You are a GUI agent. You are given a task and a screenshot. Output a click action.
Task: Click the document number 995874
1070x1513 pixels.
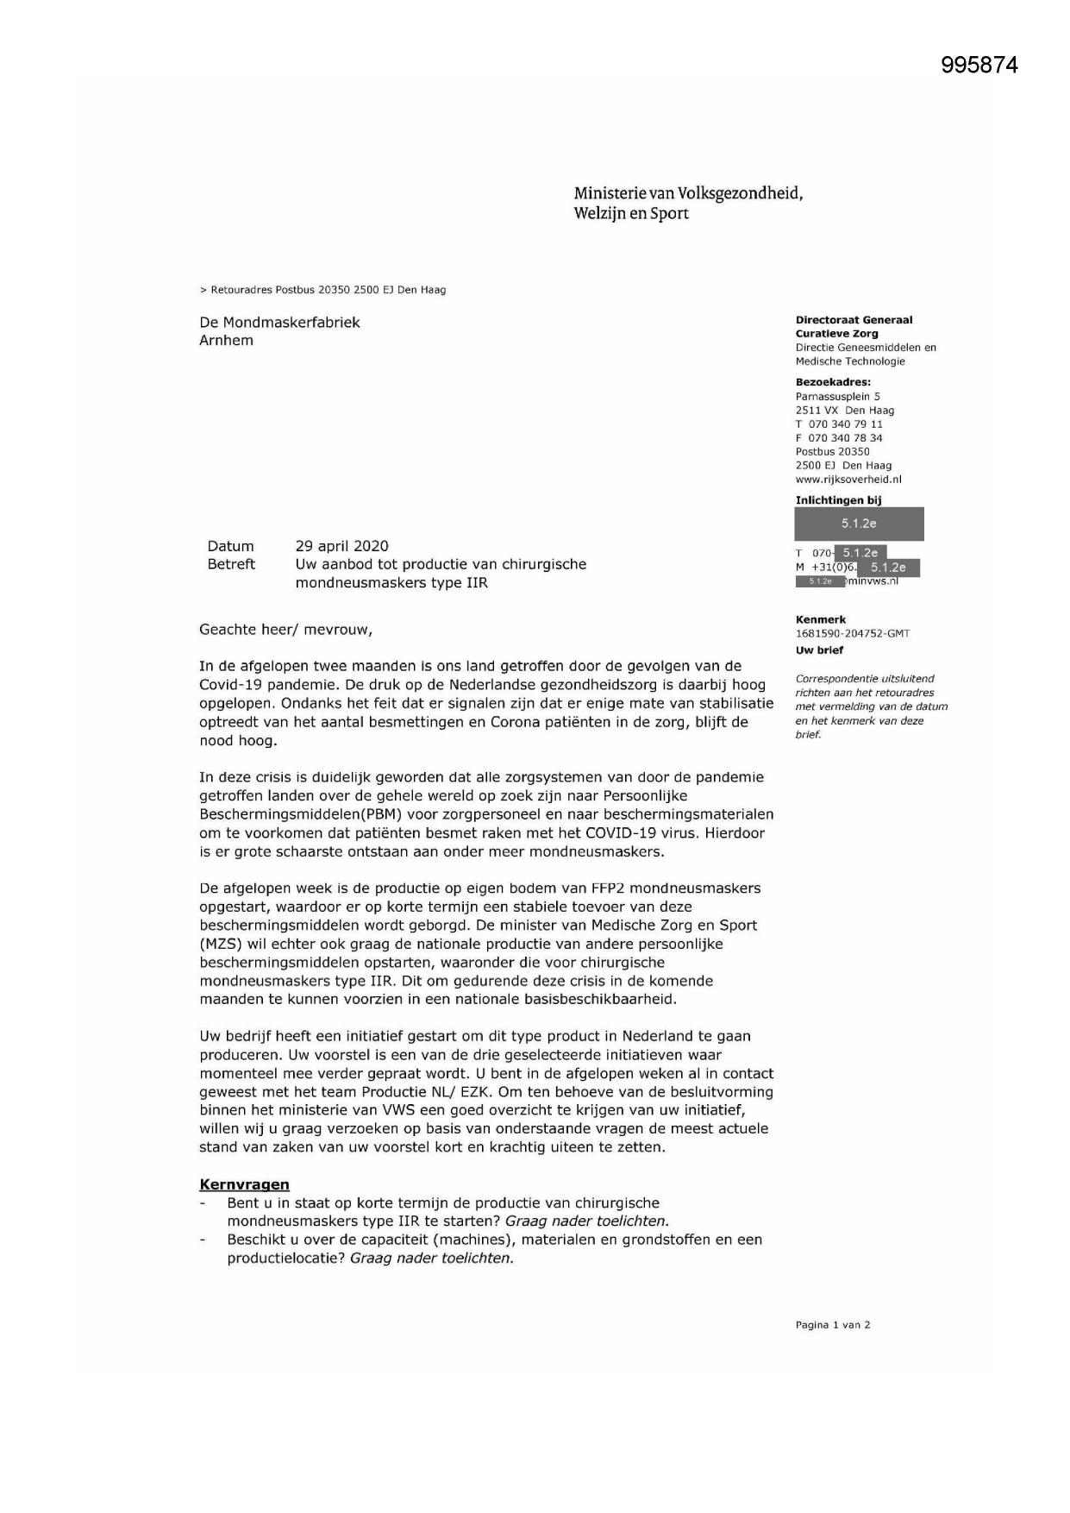[x=979, y=66]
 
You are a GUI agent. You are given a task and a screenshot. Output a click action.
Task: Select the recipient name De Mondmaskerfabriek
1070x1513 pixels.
[x=279, y=323]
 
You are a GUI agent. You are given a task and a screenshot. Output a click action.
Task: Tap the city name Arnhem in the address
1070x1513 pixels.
[x=226, y=341]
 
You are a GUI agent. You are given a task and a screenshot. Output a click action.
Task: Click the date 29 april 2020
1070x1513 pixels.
[x=341, y=546]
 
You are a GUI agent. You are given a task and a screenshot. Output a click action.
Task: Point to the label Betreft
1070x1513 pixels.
[x=231, y=564]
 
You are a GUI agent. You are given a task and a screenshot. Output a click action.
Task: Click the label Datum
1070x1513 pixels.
[x=230, y=546]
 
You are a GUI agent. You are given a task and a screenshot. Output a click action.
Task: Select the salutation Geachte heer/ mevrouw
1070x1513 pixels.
[x=285, y=629]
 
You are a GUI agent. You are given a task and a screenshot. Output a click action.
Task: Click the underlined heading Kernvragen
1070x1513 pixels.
[x=244, y=1184]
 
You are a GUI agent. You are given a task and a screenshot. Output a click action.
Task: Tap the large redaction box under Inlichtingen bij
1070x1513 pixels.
[x=859, y=524]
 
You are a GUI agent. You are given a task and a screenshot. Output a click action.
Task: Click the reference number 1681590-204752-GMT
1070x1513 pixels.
[x=852, y=633]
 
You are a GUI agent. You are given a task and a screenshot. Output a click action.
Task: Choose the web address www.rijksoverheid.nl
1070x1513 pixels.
[x=848, y=480]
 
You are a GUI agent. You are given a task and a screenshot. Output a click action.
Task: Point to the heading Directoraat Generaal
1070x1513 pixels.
[x=854, y=320]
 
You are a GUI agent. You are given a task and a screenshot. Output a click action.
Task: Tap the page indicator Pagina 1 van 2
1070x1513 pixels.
[x=832, y=1325]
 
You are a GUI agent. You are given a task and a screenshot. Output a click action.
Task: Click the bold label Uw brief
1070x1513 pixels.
[x=819, y=650]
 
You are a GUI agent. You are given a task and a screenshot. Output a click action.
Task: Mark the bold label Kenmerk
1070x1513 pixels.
[x=820, y=619]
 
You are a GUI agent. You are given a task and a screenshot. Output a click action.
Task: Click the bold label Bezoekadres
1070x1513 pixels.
[x=833, y=382]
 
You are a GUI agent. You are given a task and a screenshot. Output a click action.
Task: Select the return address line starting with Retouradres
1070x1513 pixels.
[x=322, y=290]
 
